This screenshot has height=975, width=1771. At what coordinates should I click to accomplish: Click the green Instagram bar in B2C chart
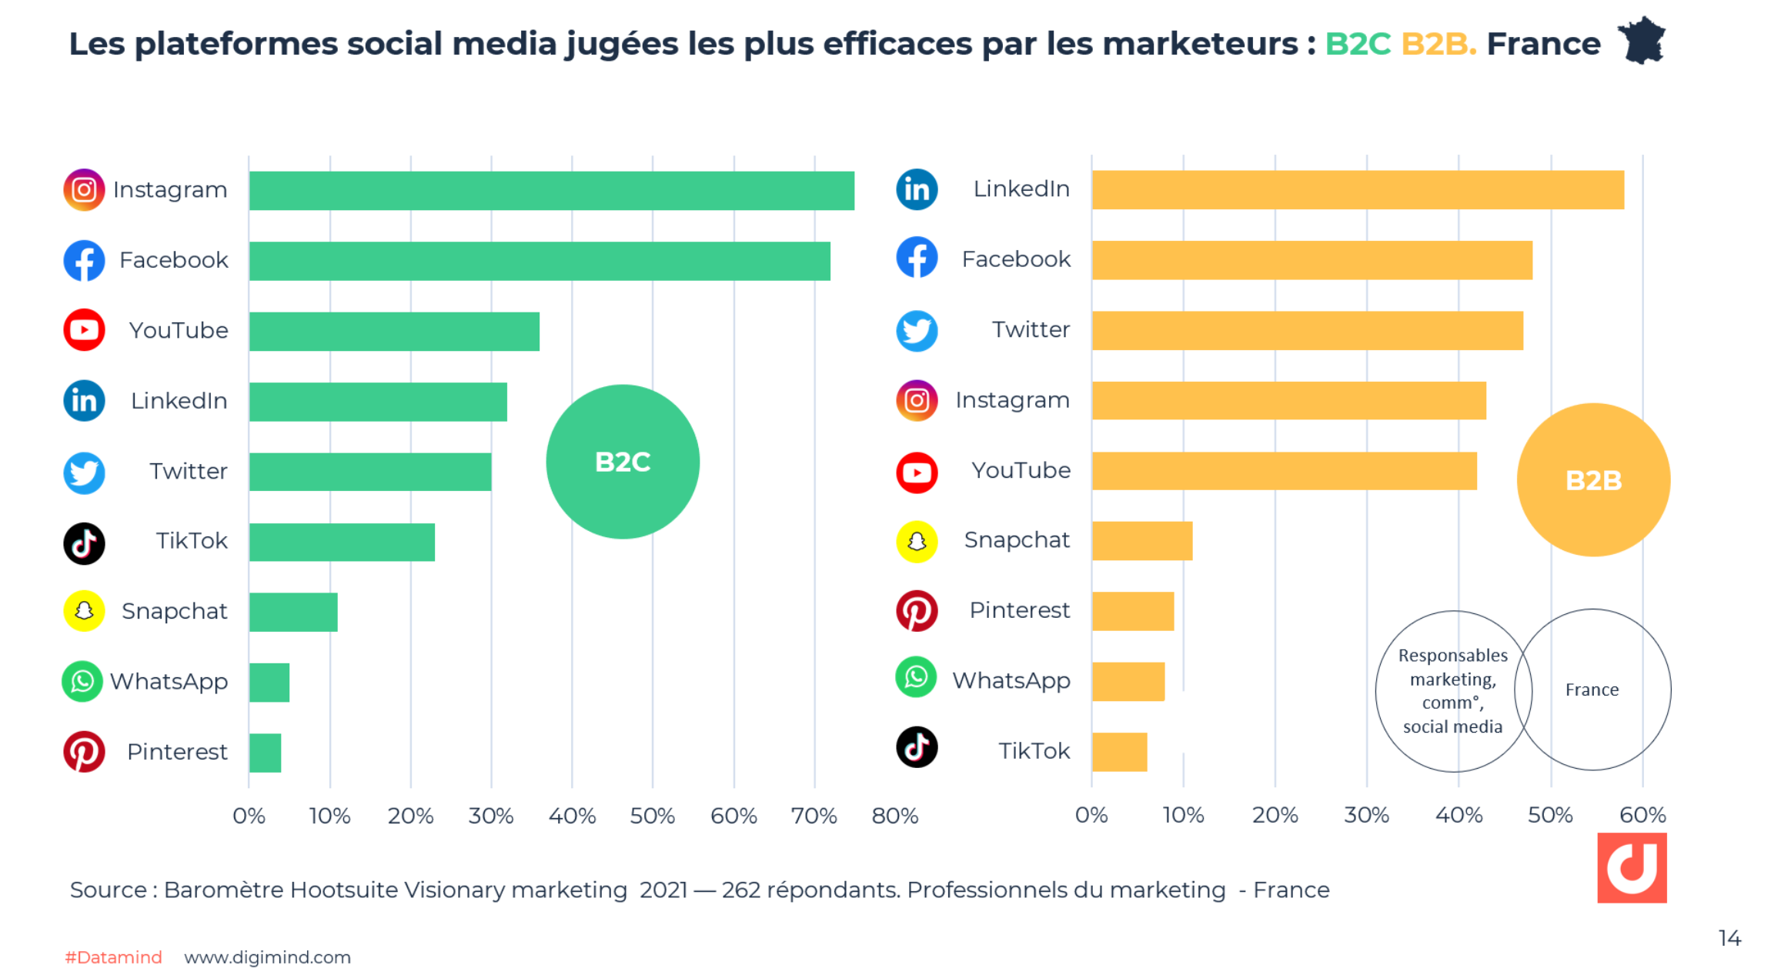click(x=551, y=191)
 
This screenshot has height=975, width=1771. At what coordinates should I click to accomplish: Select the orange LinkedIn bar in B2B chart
click(x=1357, y=190)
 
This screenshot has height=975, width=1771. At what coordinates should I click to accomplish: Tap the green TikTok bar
click(x=342, y=543)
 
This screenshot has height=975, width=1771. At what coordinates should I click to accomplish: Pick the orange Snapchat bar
click(x=1141, y=541)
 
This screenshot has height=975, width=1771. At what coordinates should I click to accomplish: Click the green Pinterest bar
click(x=266, y=753)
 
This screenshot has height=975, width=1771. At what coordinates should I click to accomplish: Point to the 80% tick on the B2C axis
click(x=894, y=816)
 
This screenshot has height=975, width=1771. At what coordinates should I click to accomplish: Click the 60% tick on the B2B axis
click(x=1642, y=815)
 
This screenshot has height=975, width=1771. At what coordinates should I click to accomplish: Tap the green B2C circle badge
click(x=623, y=462)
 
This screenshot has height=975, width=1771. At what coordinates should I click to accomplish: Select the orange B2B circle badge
click(x=1592, y=480)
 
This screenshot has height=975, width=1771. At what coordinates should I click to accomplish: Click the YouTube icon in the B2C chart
click(x=84, y=330)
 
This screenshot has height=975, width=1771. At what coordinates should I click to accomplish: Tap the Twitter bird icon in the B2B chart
click(x=917, y=331)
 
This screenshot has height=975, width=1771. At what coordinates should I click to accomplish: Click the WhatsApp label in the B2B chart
click(x=1011, y=680)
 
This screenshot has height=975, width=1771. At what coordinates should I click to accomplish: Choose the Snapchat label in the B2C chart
click(x=174, y=611)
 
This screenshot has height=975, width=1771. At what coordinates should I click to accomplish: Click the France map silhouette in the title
click(x=1641, y=41)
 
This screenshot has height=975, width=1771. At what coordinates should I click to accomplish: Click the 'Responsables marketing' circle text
click(x=1452, y=690)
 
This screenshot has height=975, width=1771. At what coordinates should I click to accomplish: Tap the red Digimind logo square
click(x=1631, y=867)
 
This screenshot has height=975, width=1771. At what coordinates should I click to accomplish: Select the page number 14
click(x=1729, y=938)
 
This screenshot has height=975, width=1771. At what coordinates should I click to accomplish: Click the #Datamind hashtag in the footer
click(x=113, y=957)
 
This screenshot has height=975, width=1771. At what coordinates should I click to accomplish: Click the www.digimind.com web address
click(x=267, y=957)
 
